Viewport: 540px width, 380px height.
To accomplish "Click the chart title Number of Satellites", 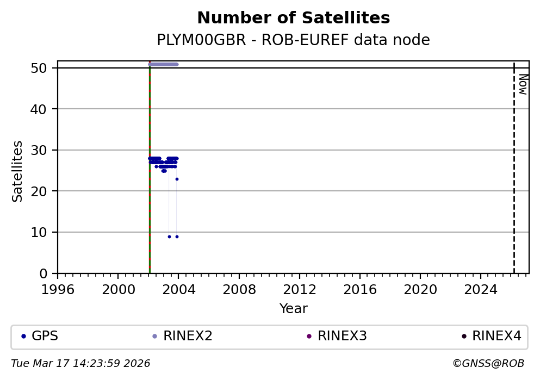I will pyautogui.click(x=293, y=18).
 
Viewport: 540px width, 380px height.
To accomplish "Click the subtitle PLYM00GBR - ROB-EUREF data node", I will pyautogui.click(x=293, y=40).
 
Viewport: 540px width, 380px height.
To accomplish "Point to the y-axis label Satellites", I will pyautogui.click(x=18, y=171).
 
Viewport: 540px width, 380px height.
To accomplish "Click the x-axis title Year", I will pyautogui.click(x=293, y=309).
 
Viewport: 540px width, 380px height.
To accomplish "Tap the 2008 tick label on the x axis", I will pyautogui.click(x=239, y=289).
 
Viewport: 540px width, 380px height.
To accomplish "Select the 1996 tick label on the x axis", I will pyautogui.click(x=58, y=289).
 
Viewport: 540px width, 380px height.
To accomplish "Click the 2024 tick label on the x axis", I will pyautogui.click(x=481, y=289).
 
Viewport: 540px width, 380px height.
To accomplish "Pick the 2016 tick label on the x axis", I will pyautogui.click(x=360, y=289).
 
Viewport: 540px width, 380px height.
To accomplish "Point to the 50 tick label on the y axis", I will pyautogui.click(x=46, y=68).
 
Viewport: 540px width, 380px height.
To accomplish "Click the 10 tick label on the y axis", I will pyautogui.click(x=46, y=232).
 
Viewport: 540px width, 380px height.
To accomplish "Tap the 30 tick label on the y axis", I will pyautogui.click(x=46, y=150).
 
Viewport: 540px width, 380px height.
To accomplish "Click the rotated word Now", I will pyautogui.click(x=523, y=84).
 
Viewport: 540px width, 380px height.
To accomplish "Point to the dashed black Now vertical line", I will pyautogui.click(x=514, y=174).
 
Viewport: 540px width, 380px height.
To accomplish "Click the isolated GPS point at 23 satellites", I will pyautogui.click(x=177, y=179).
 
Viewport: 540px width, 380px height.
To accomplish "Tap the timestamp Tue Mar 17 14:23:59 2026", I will pyautogui.click(x=80, y=363).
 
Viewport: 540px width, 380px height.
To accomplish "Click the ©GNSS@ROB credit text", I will pyautogui.click(x=488, y=363).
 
